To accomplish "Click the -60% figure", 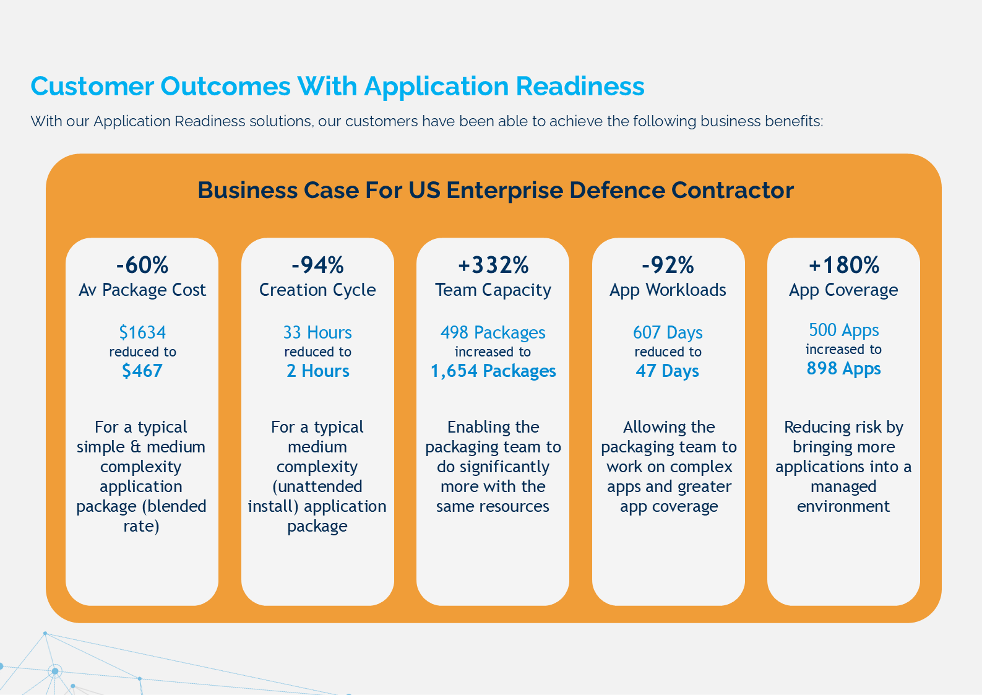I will pos(142,265).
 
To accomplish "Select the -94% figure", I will pos(317,265).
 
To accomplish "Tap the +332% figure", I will pos(493,265).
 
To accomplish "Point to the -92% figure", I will pos(668,265).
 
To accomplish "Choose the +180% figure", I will pos(843,265).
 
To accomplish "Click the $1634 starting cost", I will pos(142,332).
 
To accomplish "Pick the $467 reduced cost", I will pos(142,371).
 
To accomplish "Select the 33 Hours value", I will pos(317,332).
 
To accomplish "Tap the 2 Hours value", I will pos(317,371).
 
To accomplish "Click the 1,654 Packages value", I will pos(493,371).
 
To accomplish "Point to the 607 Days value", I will pos(668,332).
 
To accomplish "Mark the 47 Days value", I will pos(668,371).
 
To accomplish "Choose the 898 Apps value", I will pos(843,369).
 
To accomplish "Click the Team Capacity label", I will pos(493,290).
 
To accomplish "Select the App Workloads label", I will pos(668,290).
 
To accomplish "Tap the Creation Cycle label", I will pos(317,290).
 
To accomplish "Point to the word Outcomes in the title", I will pos(225,86).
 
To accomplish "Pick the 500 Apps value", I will pos(843,330).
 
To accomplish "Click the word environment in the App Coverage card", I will pos(843,506).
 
